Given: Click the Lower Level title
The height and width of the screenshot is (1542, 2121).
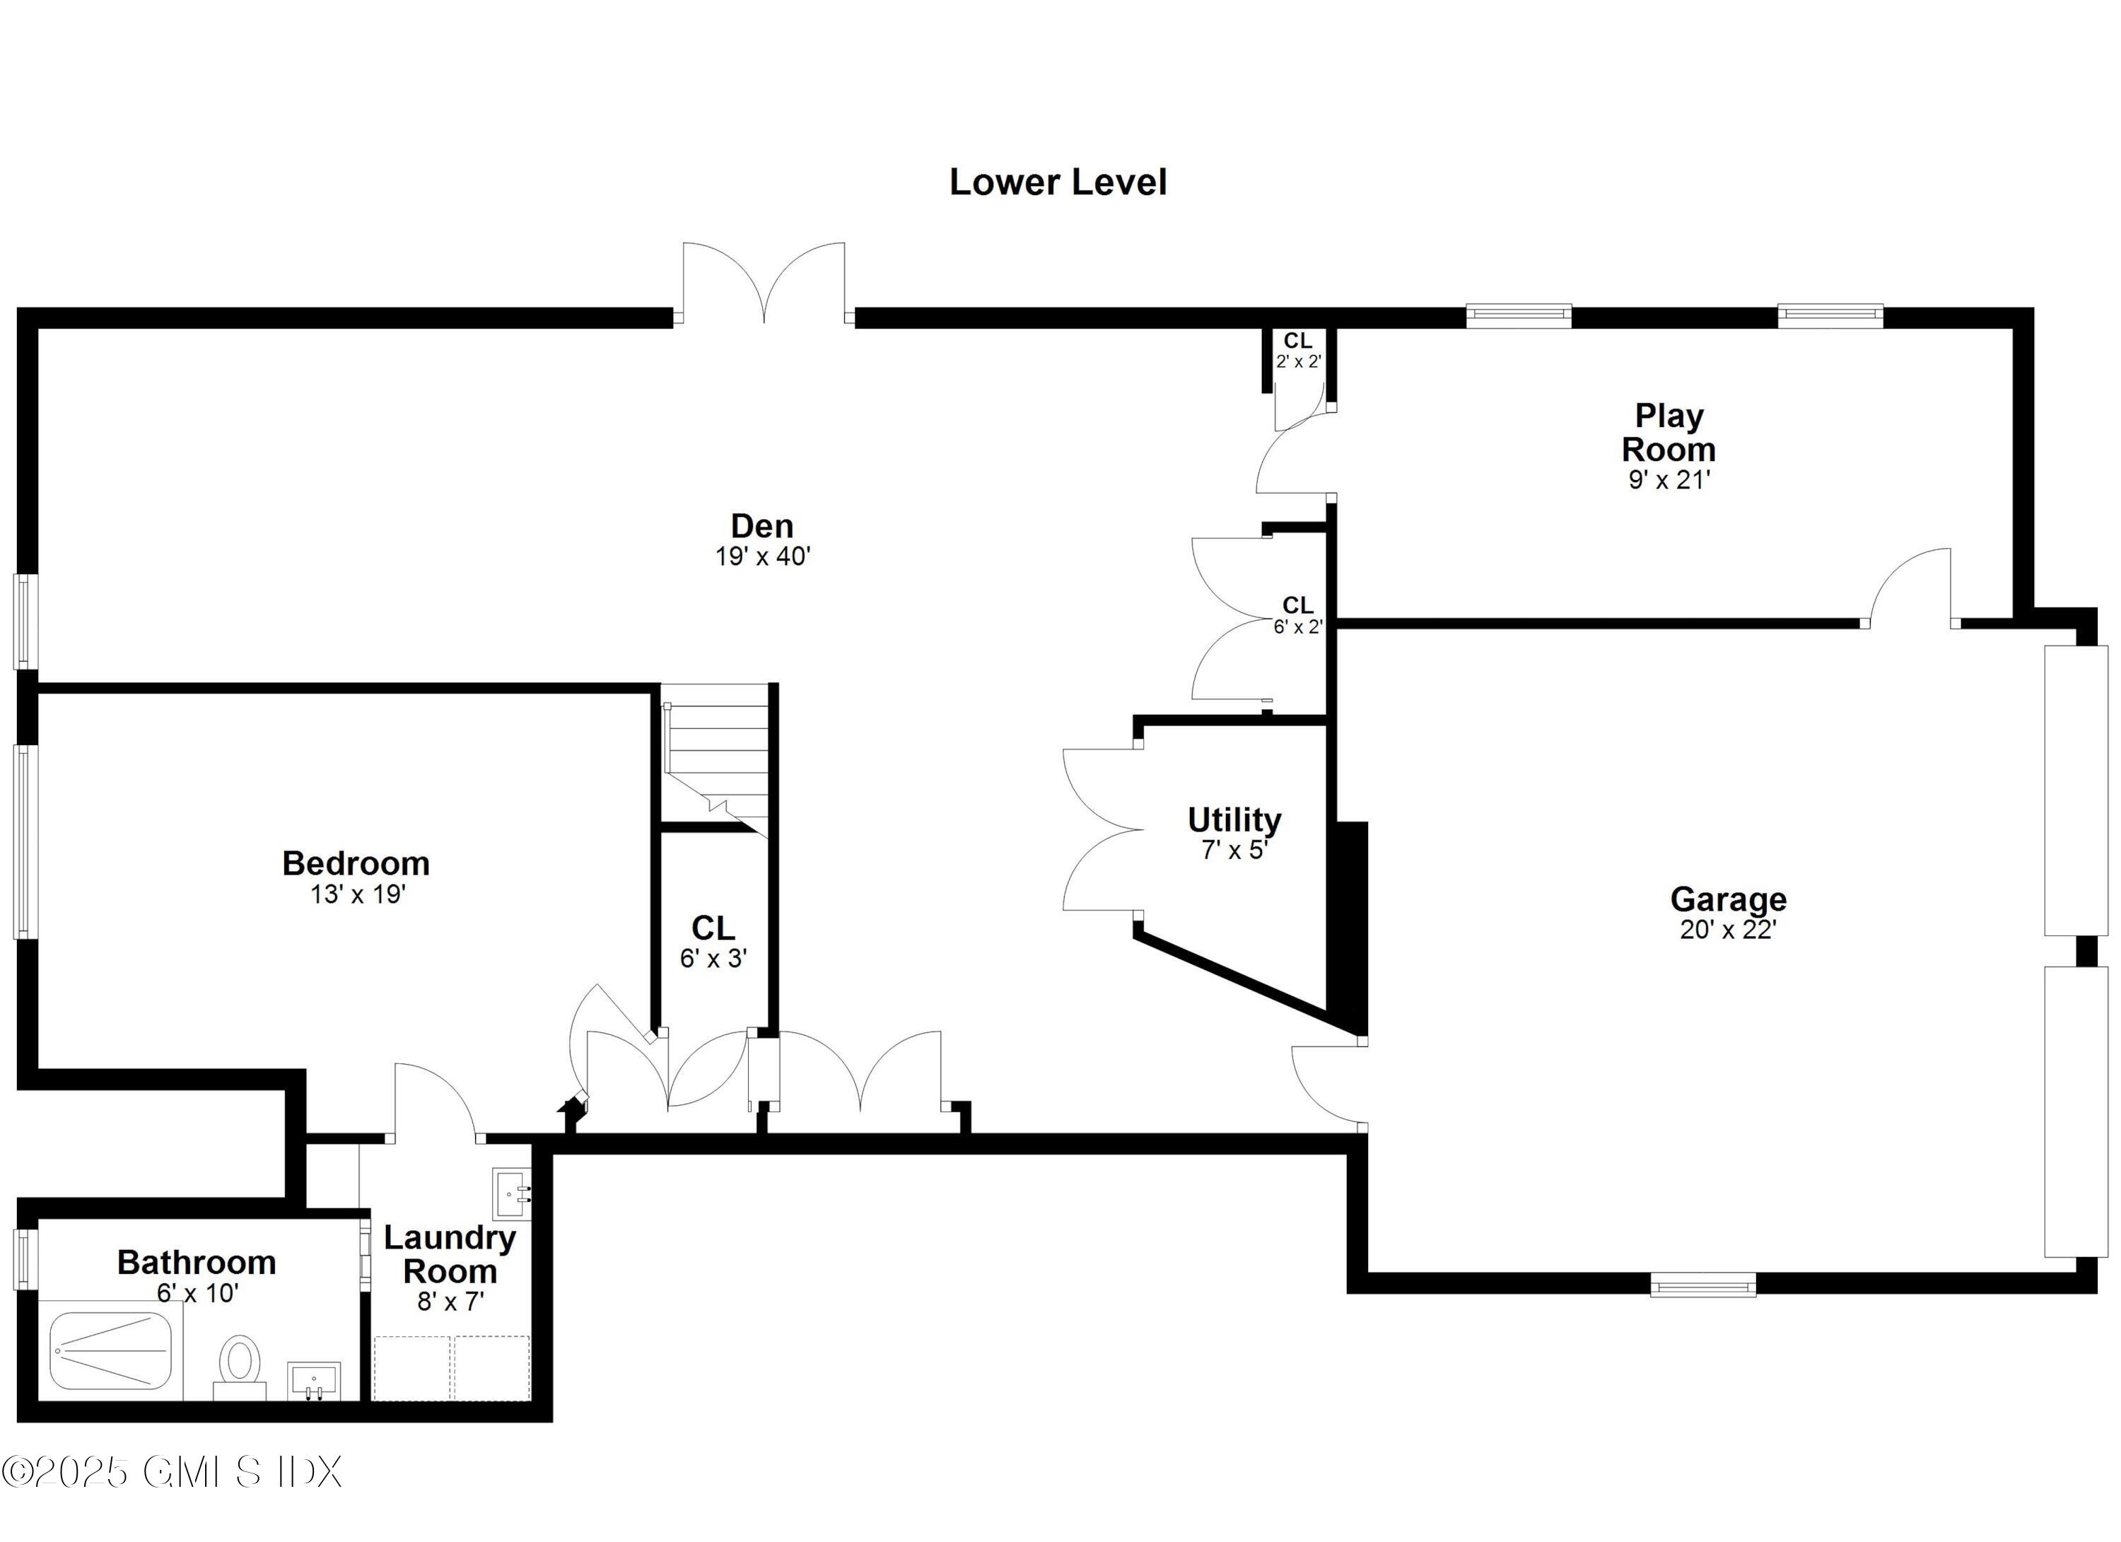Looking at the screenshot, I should pyautogui.click(x=1058, y=182).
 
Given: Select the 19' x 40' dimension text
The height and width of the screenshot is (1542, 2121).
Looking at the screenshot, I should pyautogui.click(x=762, y=557).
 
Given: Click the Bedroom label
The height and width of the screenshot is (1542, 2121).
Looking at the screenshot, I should pyautogui.click(x=356, y=863).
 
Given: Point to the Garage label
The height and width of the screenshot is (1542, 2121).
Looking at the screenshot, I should pyautogui.click(x=1728, y=899).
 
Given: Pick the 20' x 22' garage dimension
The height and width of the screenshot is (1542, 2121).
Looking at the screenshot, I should pyautogui.click(x=1727, y=930).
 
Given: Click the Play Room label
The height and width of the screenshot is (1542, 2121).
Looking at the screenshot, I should pyautogui.click(x=1669, y=432).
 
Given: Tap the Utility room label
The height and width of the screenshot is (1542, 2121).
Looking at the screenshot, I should pyautogui.click(x=1234, y=820).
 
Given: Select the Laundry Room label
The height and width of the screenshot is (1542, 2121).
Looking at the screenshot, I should pyautogui.click(x=450, y=1255).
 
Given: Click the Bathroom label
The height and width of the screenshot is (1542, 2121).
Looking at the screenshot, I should pyautogui.click(x=197, y=1263).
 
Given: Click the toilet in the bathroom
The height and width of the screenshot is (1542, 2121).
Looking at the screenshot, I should pyautogui.click(x=240, y=1365).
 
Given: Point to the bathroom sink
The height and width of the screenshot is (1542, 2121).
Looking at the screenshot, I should pyautogui.click(x=313, y=1380).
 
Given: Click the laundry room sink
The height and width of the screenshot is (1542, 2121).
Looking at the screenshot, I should pyautogui.click(x=512, y=1193).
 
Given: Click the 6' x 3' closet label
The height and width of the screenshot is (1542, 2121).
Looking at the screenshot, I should pyautogui.click(x=713, y=942).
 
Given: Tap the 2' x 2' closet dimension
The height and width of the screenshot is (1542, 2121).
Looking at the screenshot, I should pyautogui.click(x=1298, y=362).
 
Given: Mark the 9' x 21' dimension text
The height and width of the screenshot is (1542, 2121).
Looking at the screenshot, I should pyautogui.click(x=1669, y=481).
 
